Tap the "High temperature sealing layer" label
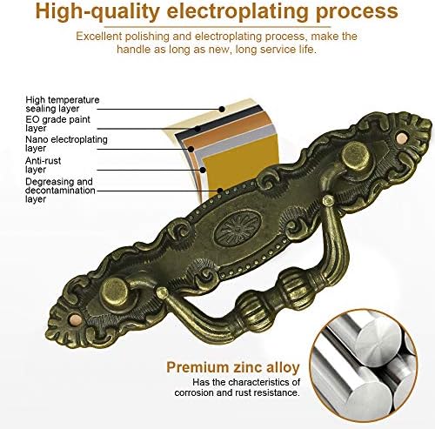pyautogui.click(x=63, y=104)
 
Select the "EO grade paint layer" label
pyautogui.click(x=57, y=124)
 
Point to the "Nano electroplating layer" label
pyautogui.click(x=66, y=144)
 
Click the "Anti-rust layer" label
pyautogui.click(x=43, y=165)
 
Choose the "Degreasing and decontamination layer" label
pyautogui.click(x=60, y=191)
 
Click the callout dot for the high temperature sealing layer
pyautogui.click(x=222, y=109)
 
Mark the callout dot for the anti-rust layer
pyautogui.click(x=203, y=170)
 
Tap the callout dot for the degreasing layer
pyautogui.click(x=220, y=191)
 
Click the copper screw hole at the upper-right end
pyautogui.click(x=402, y=137)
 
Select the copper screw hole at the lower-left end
pyautogui.click(x=75, y=320)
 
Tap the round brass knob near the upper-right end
pyautogui.click(x=355, y=158)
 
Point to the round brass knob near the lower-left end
pyautogui.click(x=114, y=292)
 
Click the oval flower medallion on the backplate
pyautogui.click(x=238, y=228)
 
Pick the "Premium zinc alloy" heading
pyautogui.click(x=233, y=367)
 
